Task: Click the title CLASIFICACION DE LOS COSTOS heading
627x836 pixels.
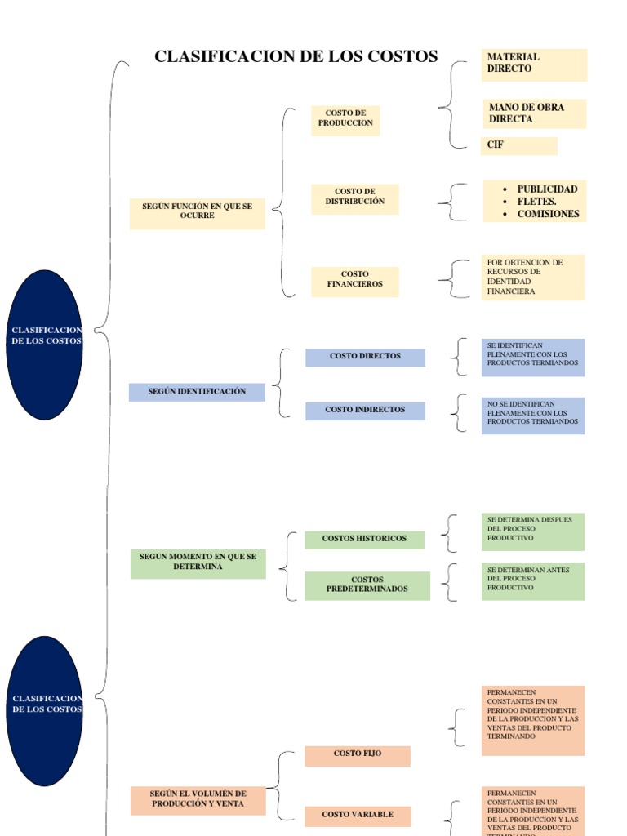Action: click(296, 56)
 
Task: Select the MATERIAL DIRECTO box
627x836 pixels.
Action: click(534, 64)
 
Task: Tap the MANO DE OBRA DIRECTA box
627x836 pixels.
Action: click(534, 113)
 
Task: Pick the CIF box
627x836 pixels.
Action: click(519, 145)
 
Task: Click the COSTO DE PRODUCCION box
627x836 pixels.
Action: click(345, 118)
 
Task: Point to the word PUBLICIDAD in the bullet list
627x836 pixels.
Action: click(547, 189)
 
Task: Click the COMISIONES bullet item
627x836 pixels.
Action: click(548, 214)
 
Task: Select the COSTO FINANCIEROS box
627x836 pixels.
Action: click(355, 280)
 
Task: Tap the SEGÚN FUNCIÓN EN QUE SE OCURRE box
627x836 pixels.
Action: click(198, 211)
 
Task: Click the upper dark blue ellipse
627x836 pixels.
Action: click(45, 345)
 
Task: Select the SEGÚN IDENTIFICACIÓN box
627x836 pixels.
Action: click(197, 392)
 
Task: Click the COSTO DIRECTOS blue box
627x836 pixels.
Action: click(365, 357)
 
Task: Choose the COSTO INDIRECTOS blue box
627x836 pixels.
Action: click(365, 410)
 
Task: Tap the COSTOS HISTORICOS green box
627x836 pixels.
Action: click(364, 539)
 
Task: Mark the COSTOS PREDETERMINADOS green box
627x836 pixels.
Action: click(367, 585)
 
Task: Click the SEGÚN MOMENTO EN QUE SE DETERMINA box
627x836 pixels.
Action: click(198, 563)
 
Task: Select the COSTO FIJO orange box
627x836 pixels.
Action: click(358, 754)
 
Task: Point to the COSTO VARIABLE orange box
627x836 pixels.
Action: click(358, 815)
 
